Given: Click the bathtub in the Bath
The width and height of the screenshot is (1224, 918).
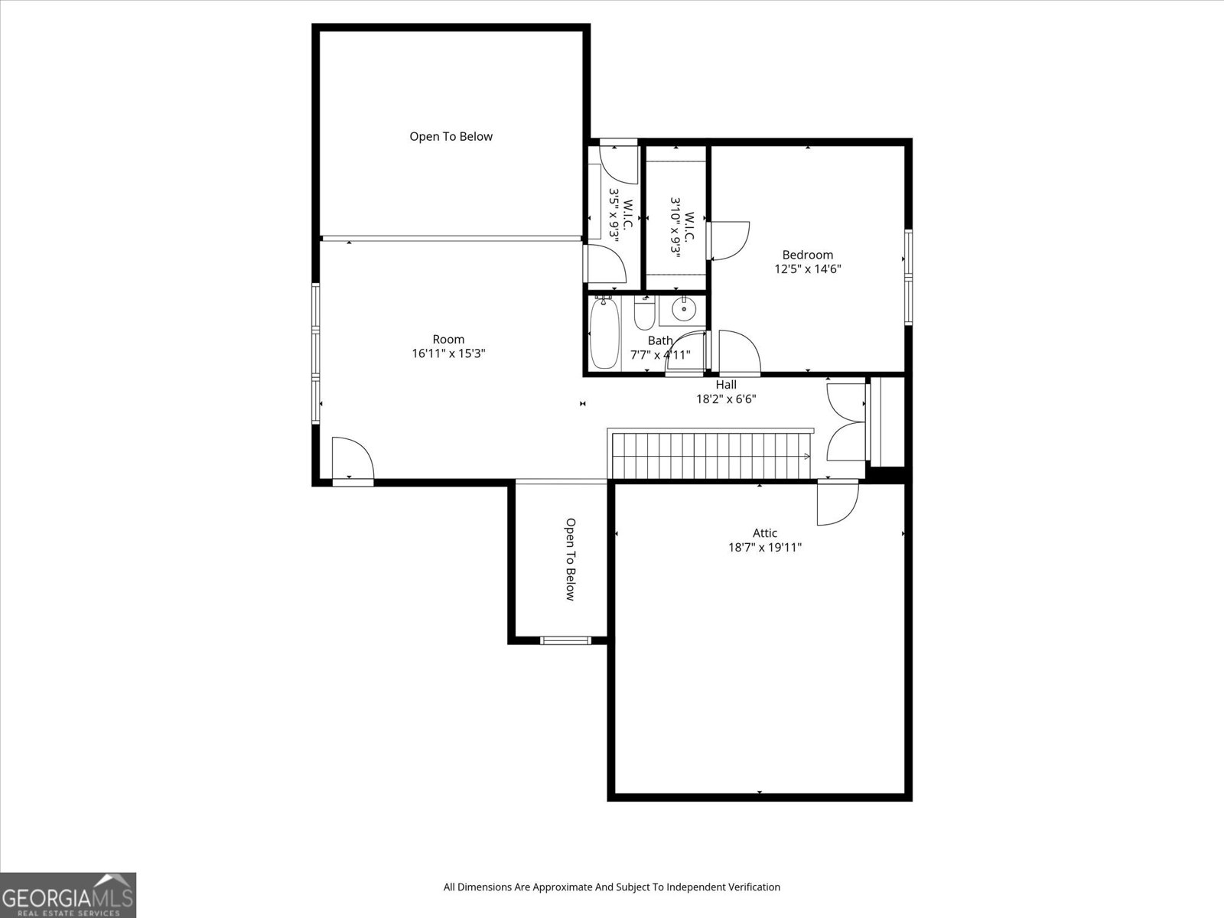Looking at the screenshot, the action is coord(604,334).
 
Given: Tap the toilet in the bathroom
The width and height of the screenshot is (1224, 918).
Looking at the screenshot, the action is coord(644,314).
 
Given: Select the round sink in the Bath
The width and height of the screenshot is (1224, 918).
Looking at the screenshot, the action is coord(684,309).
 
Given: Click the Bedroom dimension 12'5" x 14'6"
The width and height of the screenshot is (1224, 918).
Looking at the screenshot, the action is coord(807,269).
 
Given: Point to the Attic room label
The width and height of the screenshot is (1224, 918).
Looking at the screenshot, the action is coord(764,533).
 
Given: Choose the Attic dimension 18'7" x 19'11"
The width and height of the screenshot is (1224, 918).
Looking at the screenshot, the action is coord(764,547).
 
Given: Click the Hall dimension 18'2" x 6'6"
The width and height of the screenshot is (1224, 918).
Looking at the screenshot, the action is coord(726,399).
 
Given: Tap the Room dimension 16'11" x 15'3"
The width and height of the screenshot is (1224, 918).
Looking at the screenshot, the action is coord(448,353).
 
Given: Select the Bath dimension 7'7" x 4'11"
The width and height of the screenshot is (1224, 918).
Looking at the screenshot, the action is coord(660,354).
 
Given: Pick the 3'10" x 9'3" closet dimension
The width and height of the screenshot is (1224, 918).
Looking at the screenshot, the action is coord(675,226).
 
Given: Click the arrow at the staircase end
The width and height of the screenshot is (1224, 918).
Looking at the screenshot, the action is coord(806,457).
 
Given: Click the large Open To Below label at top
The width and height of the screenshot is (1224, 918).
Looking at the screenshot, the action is coord(451,137).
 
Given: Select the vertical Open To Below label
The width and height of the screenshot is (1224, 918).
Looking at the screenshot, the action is coord(570,560).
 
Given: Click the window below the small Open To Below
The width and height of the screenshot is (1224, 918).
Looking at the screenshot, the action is coord(565,640).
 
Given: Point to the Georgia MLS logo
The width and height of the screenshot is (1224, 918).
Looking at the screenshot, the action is coord(68,895).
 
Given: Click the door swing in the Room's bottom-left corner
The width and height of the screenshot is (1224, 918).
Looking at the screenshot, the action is coord(353,458).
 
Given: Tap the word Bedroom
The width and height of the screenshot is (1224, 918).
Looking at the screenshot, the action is coord(807,255).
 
